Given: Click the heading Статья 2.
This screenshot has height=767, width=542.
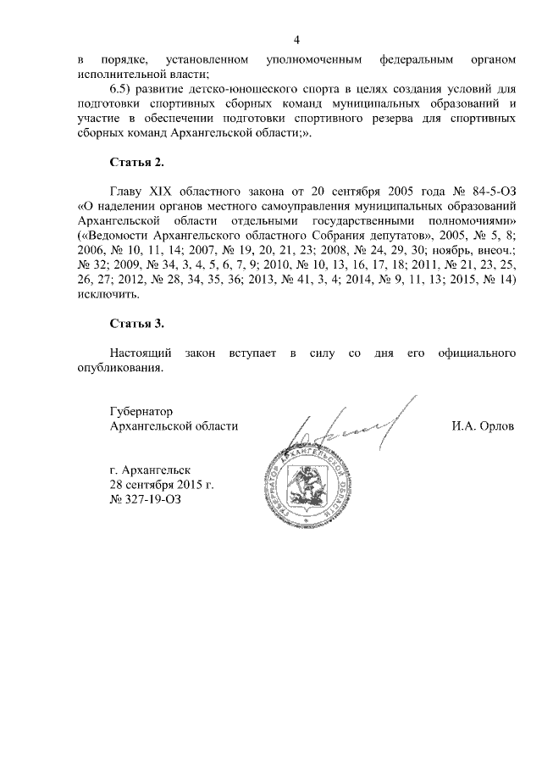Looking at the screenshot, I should click(136, 161).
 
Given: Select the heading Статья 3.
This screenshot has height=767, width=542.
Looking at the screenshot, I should click(136, 325).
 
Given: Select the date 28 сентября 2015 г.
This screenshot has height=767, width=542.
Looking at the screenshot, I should click(161, 484).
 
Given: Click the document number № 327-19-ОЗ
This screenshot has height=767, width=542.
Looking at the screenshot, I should click(145, 499).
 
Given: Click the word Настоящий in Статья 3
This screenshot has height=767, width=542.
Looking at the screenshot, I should click(141, 352).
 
